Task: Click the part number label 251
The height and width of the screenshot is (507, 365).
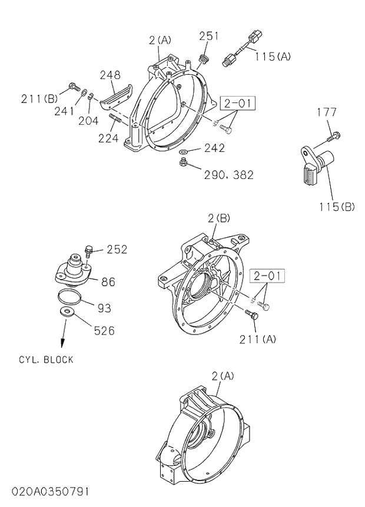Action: [208, 36]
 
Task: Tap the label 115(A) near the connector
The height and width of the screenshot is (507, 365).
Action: [273, 57]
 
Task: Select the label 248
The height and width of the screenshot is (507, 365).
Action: [109, 75]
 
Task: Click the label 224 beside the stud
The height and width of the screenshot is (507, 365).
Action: [108, 138]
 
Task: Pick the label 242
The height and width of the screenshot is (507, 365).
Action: [214, 148]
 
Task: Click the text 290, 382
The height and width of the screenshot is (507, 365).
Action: [228, 175]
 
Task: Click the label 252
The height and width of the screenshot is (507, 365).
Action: [117, 249]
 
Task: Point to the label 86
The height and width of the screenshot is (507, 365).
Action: [108, 282]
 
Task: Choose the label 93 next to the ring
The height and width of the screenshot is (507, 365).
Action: [104, 307]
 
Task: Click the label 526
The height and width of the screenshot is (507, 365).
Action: [104, 330]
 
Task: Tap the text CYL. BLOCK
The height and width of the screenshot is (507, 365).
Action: [46, 360]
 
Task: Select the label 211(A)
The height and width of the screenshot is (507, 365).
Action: [258, 339]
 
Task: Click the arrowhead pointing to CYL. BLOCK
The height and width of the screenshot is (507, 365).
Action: [61, 346]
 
